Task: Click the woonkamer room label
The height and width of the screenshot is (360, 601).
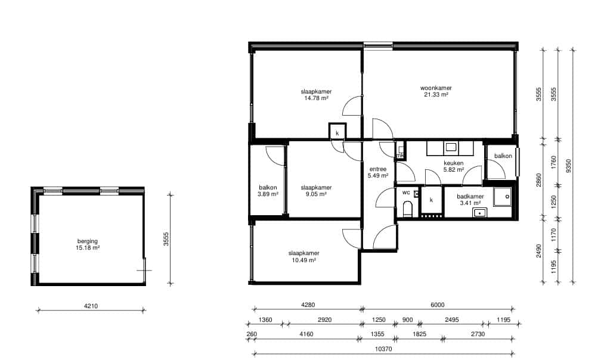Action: pos(436,88)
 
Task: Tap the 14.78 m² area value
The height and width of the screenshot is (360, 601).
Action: pos(316,98)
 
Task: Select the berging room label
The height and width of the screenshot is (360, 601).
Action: pos(88,241)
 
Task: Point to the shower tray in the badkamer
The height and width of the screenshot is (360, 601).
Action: pos(503,197)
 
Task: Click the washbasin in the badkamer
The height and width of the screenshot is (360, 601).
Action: pos(479,213)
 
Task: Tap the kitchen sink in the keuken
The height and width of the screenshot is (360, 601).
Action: pos(450,147)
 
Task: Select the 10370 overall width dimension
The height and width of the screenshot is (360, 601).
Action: pos(383,349)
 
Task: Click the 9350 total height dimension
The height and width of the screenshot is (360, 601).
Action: pos(568,166)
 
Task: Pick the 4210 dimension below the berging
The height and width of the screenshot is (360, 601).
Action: pos(91,306)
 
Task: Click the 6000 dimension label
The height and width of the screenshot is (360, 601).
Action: pos(438,305)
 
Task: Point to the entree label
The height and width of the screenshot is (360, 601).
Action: pos(378,169)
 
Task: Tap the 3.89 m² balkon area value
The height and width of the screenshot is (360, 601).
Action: pos(268,194)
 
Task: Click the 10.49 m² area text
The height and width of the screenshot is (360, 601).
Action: pos(304,260)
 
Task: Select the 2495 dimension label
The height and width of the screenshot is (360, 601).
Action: pos(451,320)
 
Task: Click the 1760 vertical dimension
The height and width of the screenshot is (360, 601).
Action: pos(553,162)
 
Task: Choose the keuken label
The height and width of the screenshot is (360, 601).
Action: pos(453,163)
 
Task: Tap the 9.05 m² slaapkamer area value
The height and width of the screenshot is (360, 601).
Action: pos(316,194)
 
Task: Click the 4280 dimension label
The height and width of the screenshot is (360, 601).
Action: pos(308,305)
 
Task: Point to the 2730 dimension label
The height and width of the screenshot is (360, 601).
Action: pos(478,334)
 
